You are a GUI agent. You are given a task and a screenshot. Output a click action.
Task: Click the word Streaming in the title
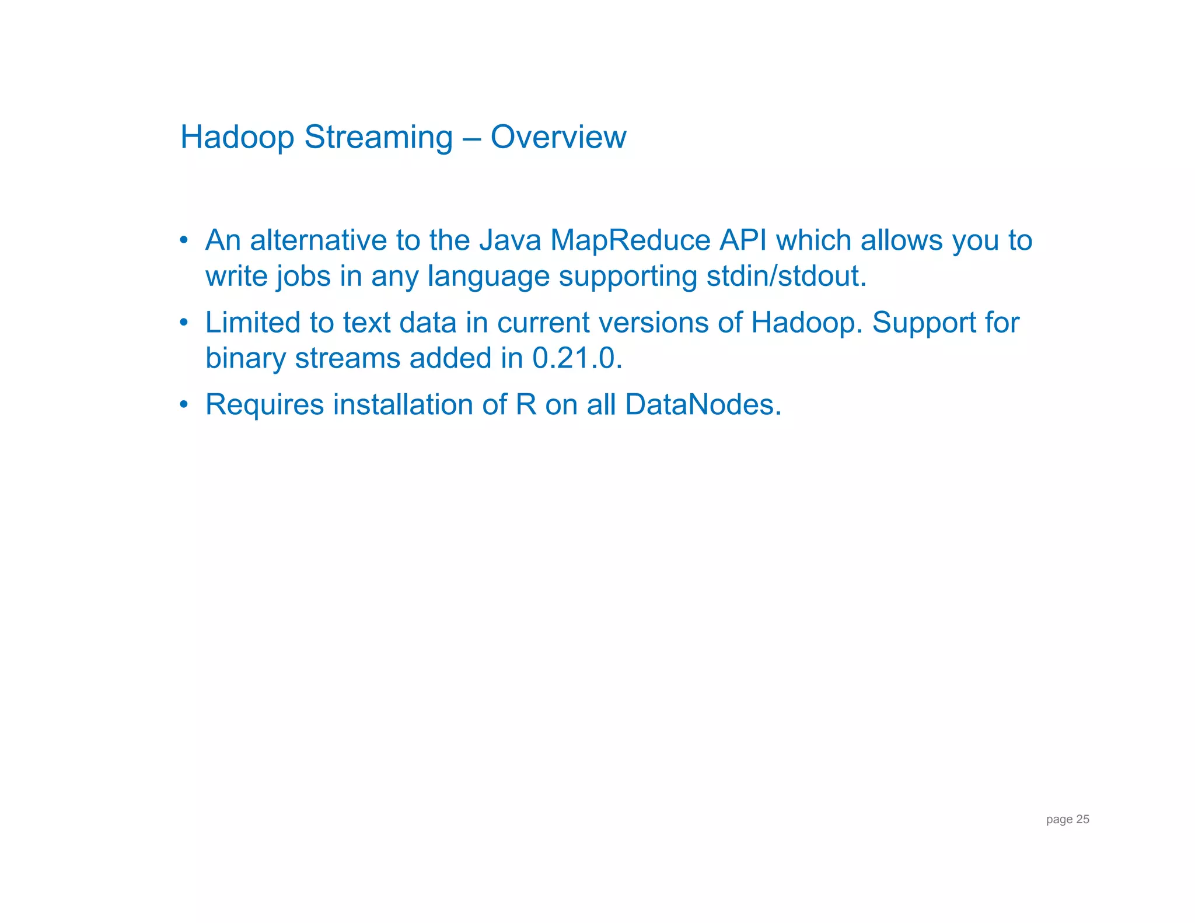pos(378,138)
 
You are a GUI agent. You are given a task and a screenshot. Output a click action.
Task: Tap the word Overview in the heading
pos(558,137)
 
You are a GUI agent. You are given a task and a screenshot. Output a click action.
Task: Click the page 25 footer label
pos(1067,819)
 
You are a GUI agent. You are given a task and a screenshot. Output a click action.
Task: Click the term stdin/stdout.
pos(786,276)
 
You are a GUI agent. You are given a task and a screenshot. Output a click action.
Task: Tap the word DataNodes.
pos(702,405)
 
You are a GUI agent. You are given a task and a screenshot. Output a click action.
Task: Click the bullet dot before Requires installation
pos(184,404)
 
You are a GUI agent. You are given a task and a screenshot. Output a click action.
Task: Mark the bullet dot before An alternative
pos(184,240)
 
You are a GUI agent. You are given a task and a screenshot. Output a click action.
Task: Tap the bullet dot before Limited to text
pos(184,322)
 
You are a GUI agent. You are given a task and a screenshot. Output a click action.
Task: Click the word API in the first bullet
pos(743,240)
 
